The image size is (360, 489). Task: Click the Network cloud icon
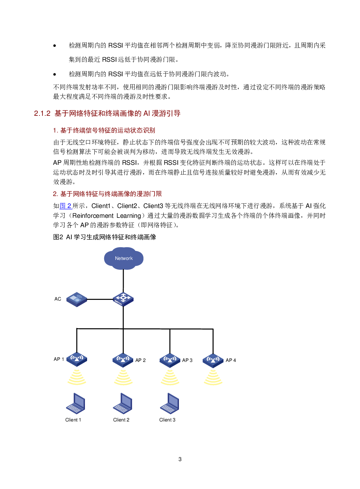click(123, 258)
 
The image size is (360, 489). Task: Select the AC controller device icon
click(77, 299)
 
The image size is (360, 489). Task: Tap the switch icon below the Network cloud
click(123, 299)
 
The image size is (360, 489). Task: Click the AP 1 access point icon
click(77, 359)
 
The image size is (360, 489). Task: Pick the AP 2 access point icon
click(123, 360)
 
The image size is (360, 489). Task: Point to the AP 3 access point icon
click(169, 360)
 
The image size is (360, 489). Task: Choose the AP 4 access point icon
click(213, 360)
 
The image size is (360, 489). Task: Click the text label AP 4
click(231, 360)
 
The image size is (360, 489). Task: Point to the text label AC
click(58, 299)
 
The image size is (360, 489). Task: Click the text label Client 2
click(121, 420)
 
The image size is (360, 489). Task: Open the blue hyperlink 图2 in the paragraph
click(66, 206)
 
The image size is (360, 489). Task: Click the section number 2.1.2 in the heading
click(42, 113)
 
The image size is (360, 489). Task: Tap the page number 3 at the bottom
click(180, 459)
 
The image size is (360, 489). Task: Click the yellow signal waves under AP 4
click(213, 378)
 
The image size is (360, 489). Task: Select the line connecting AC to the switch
click(100, 299)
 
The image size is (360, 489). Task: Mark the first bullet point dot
click(55, 46)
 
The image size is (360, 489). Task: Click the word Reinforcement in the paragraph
click(93, 216)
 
